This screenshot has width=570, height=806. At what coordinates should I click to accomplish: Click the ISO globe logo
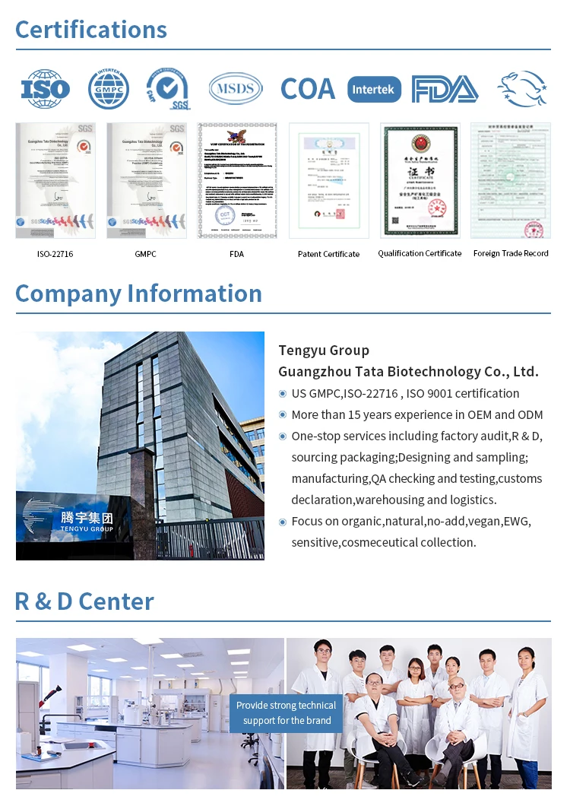pyautogui.click(x=45, y=89)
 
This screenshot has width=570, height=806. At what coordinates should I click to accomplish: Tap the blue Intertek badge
pyautogui.click(x=374, y=89)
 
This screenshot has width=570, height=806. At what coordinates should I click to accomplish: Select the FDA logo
pyautogui.click(x=445, y=89)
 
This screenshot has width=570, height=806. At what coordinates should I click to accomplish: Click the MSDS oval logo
pyautogui.click(x=236, y=89)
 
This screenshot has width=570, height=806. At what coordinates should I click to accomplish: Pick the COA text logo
pyautogui.click(x=307, y=89)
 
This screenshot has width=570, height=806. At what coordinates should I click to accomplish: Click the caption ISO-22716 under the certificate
pyautogui.click(x=55, y=254)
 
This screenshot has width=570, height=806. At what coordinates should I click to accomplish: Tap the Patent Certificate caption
pyautogui.click(x=328, y=254)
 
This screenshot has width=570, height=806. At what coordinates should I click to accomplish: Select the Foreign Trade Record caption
pyautogui.click(x=511, y=253)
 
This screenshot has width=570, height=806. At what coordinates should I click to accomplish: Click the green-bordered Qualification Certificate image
pyautogui.click(x=420, y=180)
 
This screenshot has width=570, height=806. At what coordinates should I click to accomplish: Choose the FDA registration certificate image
pyautogui.click(x=236, y=180)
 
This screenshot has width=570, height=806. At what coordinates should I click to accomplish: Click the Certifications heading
pyautogui.click(x=91, y=30)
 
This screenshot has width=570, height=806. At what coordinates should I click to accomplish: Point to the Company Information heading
pyautogui.click(x=138, y=294)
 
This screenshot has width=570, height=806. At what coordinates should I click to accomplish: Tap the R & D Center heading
pyautogui.click(x=84, y=601)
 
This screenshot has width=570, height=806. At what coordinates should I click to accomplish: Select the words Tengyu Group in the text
pyautogui.click(x=324, y=351)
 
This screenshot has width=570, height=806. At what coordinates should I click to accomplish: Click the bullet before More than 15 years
pyautogui.click(x=283, y=415)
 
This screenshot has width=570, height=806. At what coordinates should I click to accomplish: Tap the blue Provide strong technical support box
pyautogui.click(x=287, y=713)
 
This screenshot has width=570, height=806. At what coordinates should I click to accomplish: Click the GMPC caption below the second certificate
pyautogui.click(x=145, y=254)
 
